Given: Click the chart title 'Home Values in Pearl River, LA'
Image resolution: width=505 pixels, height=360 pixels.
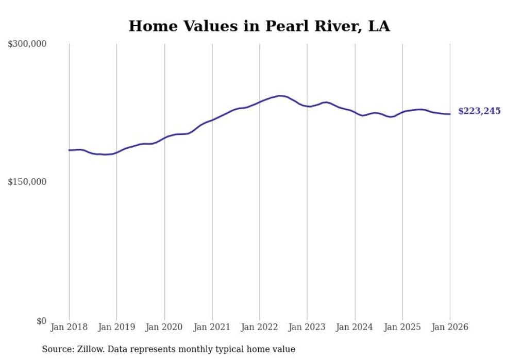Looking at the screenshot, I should click(259, 26).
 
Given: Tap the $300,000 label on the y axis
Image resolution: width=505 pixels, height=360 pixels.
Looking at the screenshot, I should click(27, 44).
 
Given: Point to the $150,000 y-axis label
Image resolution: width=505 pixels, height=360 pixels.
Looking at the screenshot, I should click(27, 182).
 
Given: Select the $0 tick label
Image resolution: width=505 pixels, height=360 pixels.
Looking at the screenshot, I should click(41, 321).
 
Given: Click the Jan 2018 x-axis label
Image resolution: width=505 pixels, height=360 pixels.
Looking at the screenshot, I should click(69, 327).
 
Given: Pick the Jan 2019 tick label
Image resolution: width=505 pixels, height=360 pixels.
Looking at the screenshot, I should click(116, 327).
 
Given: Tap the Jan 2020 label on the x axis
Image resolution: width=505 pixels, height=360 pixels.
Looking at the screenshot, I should click(164, 327).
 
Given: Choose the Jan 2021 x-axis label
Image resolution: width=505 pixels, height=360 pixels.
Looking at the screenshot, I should click(212, 327).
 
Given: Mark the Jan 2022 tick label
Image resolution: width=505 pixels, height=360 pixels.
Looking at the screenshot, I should click(260, 327).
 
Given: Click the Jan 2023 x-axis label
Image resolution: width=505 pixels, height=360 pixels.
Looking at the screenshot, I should click(307, 327).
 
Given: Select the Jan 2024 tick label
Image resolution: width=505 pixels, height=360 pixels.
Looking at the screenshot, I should click(355, 327).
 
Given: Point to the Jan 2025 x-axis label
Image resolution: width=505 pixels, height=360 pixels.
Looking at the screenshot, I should click(402, 327).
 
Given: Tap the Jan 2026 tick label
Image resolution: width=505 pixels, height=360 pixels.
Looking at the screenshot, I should click(450, 327).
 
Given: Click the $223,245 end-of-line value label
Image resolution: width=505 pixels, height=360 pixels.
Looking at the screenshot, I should click(479, 111).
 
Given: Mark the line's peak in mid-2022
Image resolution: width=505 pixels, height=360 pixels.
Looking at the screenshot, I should click(279, 95).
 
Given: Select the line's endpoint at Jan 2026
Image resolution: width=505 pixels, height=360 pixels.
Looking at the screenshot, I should click(450, 114).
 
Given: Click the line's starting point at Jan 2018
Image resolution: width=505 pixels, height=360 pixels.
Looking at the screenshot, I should click(69, 150).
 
